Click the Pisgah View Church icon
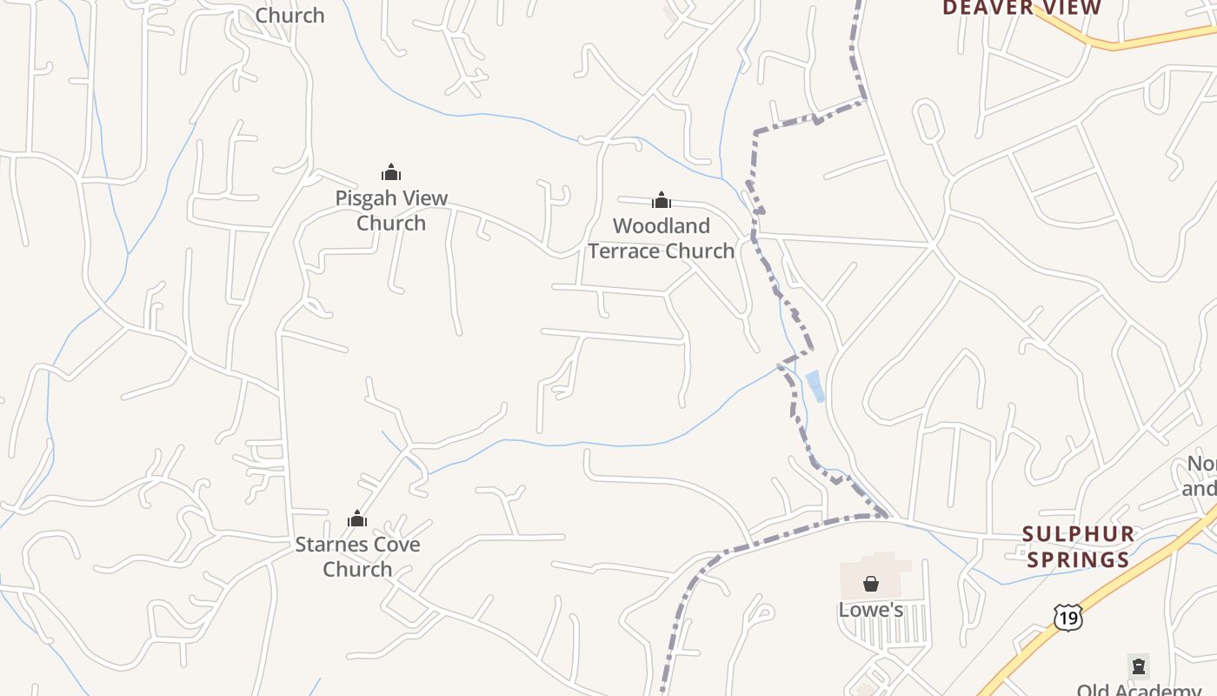click(x=391, y=172)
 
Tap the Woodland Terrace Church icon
click(x=662, y=201)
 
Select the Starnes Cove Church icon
click(x=357, y=519)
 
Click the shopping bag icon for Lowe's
click(x=871, y=584)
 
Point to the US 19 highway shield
click(x=1067, y=617)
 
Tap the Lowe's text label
click(x=871, y=610)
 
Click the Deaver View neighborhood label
click(x=1021, y=9)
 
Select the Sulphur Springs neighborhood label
click(x=1078, y=546)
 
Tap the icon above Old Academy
click(x=1139, y=666)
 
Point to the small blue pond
click(x=815, y=386)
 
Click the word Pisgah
click(x=367, y=198)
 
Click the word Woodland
click(x=662, y=226)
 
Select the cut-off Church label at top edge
click(x=289, y=15)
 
